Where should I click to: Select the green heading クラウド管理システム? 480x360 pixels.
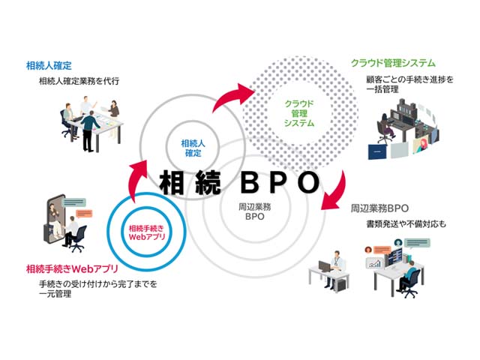[393, 63]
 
